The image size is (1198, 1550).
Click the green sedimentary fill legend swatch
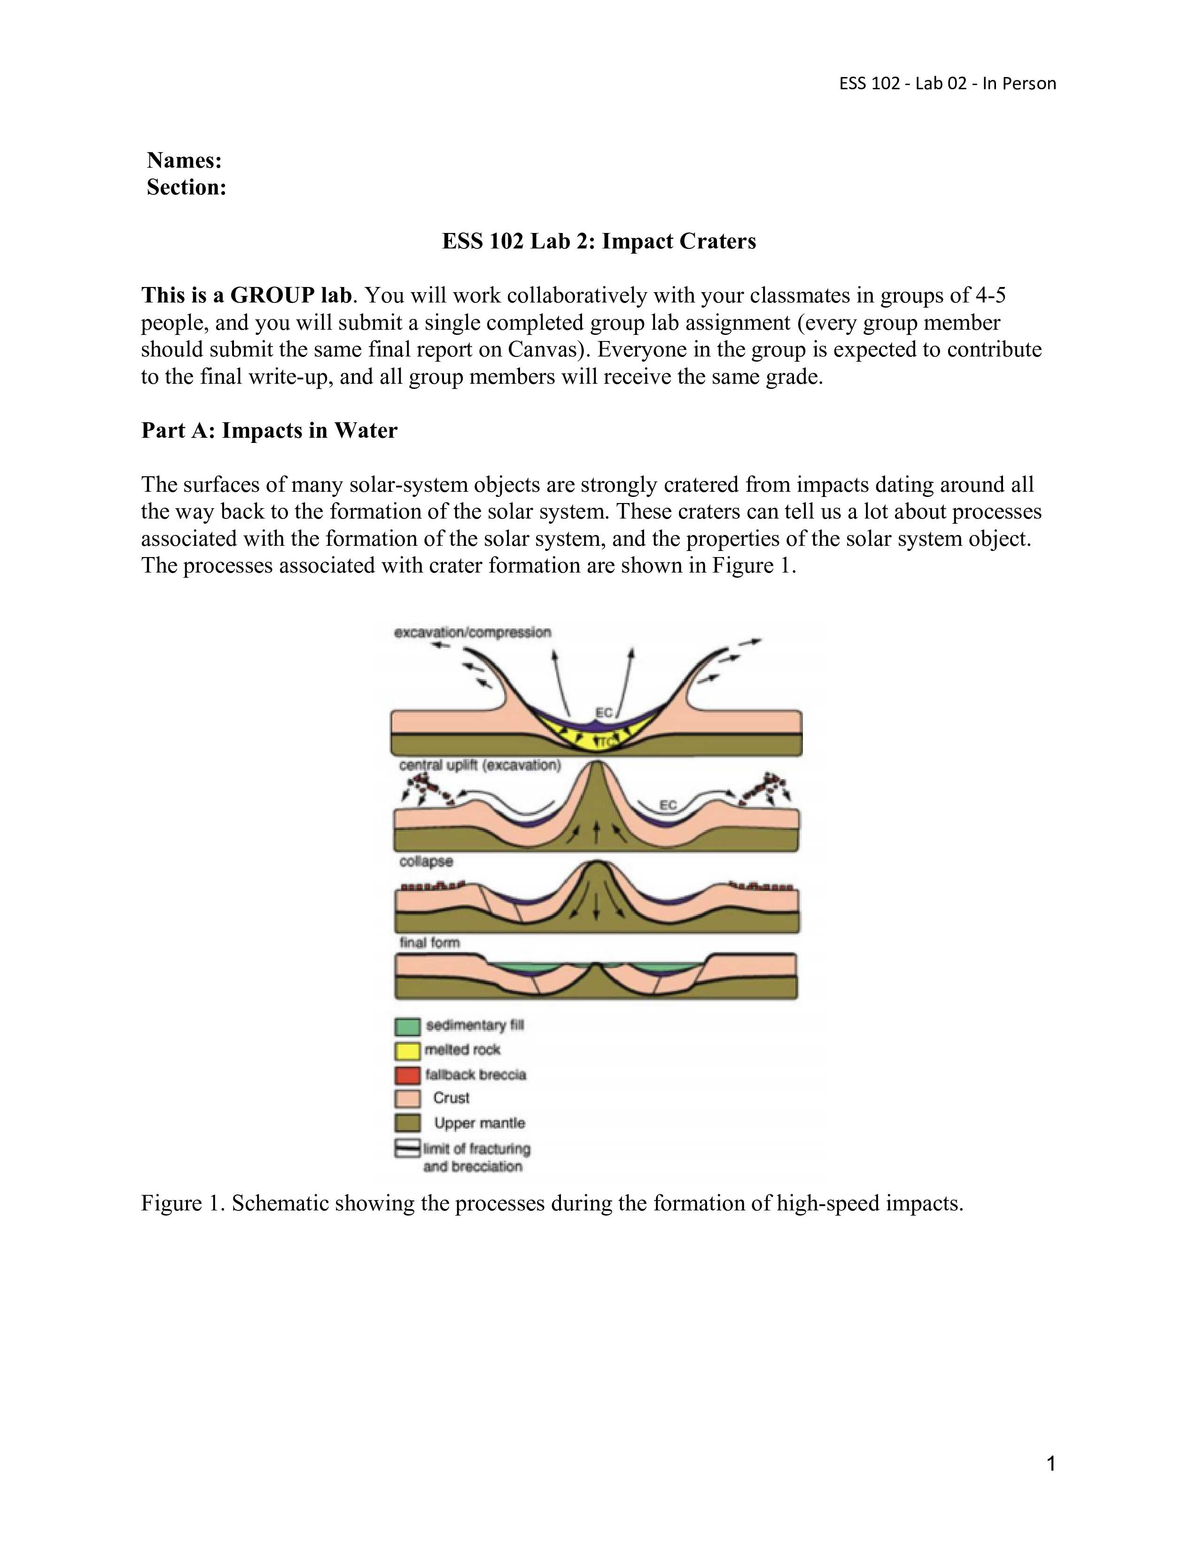407,1027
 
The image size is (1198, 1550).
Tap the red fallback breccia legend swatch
407,1075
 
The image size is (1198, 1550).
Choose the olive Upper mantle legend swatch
407,1124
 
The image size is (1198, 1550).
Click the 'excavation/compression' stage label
473,632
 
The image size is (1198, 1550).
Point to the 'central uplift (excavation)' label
480,766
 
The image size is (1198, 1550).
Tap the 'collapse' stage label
426,861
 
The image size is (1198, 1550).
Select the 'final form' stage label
429,943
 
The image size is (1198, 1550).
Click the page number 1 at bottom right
1051,1464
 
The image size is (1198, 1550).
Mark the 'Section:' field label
187,187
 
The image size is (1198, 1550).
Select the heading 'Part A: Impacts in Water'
269,431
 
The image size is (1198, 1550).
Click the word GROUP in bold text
272,295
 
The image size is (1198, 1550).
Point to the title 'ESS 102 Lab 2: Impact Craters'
599,241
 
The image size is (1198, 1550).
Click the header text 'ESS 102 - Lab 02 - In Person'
948,84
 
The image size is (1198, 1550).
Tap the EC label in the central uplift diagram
668,805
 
